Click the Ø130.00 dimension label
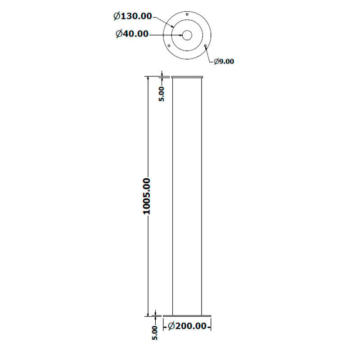coord(133,16)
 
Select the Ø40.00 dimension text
coord(132,34)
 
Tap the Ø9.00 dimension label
coord(224,61)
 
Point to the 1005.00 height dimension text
coord(147,196)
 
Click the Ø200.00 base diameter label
coord(187,326)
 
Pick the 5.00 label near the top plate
coord(162,94)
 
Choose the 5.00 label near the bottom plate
coord(155,333)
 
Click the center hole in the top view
coord(187,35)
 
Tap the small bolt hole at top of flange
coord(187,14)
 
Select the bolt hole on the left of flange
coord(169,45)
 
